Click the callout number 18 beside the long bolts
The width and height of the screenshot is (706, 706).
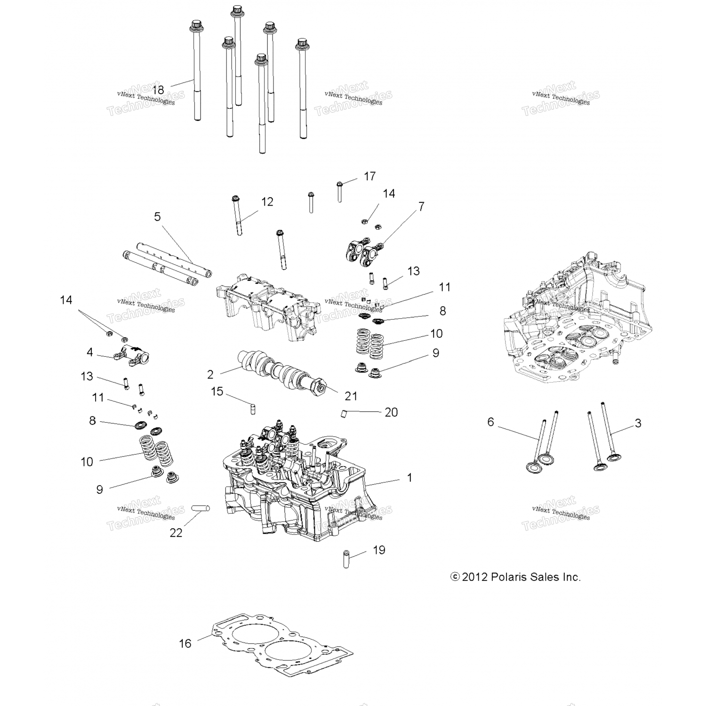coord(158,89)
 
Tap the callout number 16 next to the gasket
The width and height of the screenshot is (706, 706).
coord(185,643)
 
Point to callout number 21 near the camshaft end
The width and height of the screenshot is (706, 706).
coord(351,396)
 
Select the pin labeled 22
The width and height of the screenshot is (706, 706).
coord(200,509)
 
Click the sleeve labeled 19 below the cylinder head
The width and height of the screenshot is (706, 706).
coord(347,558)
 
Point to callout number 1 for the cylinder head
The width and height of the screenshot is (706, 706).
coord(409,478)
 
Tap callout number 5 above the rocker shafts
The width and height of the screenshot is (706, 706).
coord(157,217)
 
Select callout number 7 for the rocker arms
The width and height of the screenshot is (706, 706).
coord(421,206)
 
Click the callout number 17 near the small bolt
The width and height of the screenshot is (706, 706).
coord(370,176)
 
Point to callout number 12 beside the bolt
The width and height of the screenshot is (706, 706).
coord(267,202)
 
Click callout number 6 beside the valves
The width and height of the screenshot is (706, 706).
coord(490,422)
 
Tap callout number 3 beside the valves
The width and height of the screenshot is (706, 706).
coord(638,423)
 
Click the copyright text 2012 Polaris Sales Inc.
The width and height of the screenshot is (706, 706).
coord(516,577)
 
